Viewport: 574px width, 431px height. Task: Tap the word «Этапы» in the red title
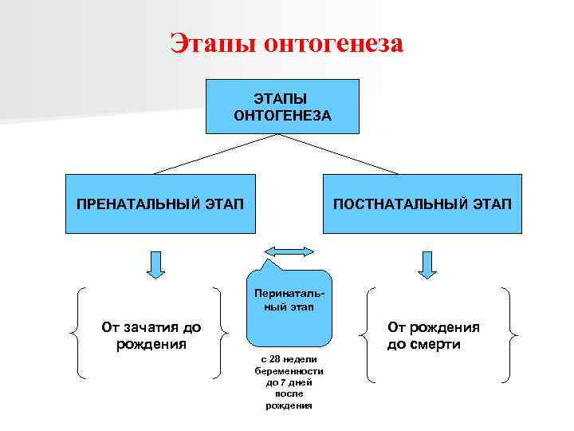pyautogui.click(x=212, y=43)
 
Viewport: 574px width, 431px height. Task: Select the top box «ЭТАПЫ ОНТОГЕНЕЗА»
pyautogui.click(x=282, y=105)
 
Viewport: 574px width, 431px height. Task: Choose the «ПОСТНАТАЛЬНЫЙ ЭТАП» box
pyautogui.click(x=423, y=204)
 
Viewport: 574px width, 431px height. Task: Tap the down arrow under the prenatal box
pyautogui.click(x=156, y=264)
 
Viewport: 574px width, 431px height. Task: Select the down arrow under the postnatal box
pyautogui.click(x=428, y=264)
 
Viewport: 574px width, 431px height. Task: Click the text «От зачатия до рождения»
pyautogui.click(x=151, y=335)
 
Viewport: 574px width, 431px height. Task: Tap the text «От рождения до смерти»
pyautogui.click(x=434, y=335)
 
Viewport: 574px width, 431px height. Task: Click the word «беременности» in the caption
pyautogui.click(x=289, y=371)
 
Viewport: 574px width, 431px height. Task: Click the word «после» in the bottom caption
pyautogui.click(x=289, y=393)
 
